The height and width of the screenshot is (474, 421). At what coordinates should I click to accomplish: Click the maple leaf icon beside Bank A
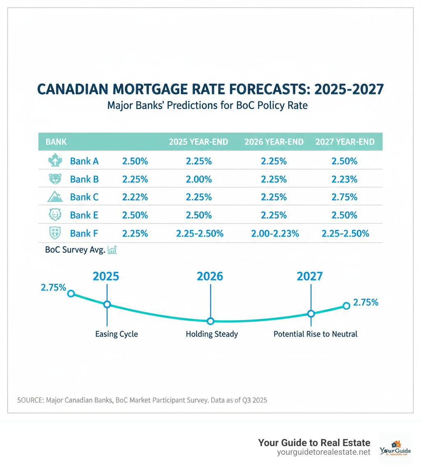[55, 161]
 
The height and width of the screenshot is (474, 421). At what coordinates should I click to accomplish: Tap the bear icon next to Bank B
[55, 179]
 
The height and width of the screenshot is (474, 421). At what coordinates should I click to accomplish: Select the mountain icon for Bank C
[55, 197]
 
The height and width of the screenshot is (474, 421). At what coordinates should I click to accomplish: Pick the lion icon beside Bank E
[55, 215]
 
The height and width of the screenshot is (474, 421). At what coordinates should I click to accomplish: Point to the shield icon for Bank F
[55, 233]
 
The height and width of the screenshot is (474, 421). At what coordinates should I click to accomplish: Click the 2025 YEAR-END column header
[199, 142]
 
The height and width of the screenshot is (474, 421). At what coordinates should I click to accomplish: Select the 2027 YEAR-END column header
[345, 142]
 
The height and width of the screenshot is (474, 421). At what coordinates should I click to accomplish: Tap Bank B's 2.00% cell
[199, 179]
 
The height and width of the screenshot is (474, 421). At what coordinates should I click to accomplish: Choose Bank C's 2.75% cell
[345, 197]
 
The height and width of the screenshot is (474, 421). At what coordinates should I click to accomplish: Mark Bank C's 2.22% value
[135, 197]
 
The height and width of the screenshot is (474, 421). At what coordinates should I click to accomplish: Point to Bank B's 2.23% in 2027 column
[345, 179]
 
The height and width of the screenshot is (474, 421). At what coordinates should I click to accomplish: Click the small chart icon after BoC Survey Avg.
[112, 250]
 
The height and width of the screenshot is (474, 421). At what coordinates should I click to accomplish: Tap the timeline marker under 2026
[210, 321]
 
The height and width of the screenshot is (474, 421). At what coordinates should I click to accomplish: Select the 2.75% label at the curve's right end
[365, 303]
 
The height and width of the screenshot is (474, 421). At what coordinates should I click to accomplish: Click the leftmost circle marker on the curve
[71, 293]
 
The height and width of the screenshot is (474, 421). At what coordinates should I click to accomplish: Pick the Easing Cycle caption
[116, 334]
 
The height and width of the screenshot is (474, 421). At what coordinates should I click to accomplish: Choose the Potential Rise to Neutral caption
[315, 334]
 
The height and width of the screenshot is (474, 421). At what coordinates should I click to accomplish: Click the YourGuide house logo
[395, 448]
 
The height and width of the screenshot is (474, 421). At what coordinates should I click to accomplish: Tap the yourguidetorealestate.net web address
[324, 452]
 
